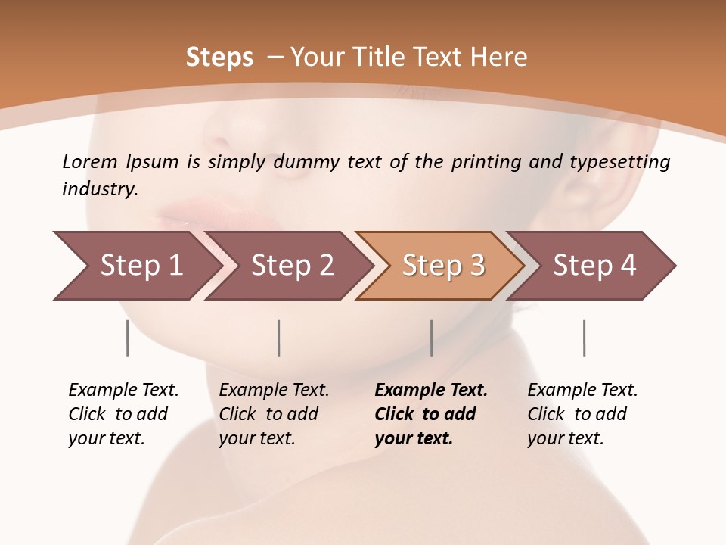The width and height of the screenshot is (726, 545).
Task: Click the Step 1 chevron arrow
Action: pos(136,266)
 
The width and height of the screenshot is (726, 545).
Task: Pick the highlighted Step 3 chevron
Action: pos(442,266)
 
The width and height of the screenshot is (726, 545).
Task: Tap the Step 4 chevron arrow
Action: pos(594,266)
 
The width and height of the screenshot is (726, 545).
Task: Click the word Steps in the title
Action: pos(219,58)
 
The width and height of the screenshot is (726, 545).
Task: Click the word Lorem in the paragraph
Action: pos(89,161)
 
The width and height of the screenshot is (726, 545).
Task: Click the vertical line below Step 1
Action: pos(127,338)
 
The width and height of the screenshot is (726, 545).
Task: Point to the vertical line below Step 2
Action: pos(279,338)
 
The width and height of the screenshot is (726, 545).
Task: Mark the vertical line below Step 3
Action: pos(431,338)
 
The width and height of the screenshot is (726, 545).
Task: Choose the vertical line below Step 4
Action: pos(584,338)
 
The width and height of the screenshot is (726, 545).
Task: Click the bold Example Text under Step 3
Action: pos(431,391)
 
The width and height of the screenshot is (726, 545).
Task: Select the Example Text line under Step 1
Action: pos(123,391)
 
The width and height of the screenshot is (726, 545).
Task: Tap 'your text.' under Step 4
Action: pos(565,438)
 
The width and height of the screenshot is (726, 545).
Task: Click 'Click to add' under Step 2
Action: pos(268,414)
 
